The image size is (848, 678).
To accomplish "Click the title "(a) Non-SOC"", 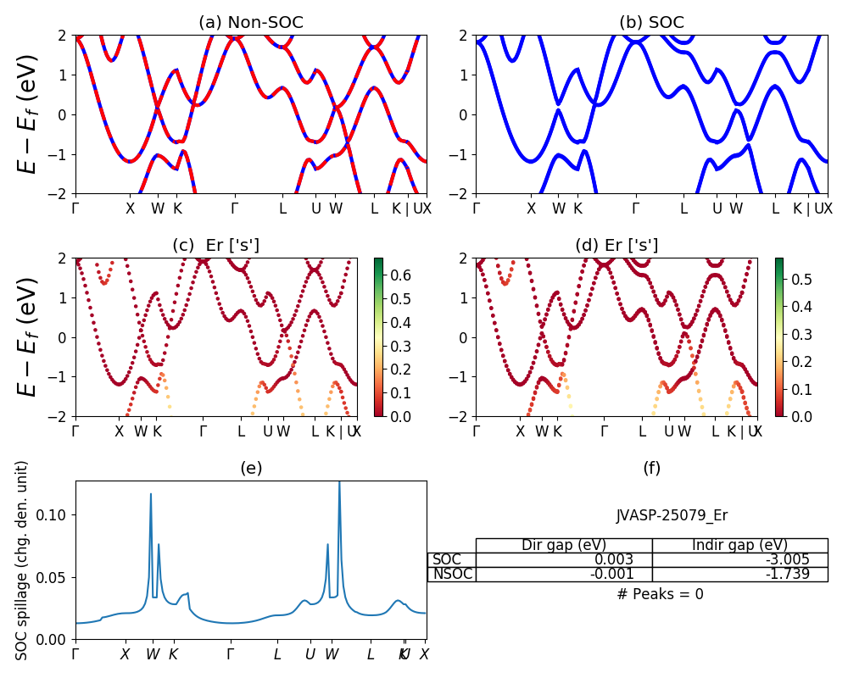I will point(250,23).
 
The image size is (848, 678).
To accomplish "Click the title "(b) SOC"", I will point(651,23).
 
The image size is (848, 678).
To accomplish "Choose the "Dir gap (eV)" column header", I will point(564,545).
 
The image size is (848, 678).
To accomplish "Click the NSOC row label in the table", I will point(452,574).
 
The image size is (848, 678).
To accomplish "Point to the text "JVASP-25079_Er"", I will point(672,515).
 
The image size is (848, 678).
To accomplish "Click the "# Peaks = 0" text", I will point(660,594).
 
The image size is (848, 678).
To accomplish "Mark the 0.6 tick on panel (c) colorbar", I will point(400,275).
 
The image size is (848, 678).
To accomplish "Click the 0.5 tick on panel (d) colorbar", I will point(801,279).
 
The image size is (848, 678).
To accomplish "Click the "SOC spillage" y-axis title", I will point(23,559).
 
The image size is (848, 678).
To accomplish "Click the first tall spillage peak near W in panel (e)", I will point(151,495).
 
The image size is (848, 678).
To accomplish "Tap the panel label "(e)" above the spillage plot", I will point(250,468).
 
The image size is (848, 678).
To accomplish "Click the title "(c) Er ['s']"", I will point(216,246).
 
